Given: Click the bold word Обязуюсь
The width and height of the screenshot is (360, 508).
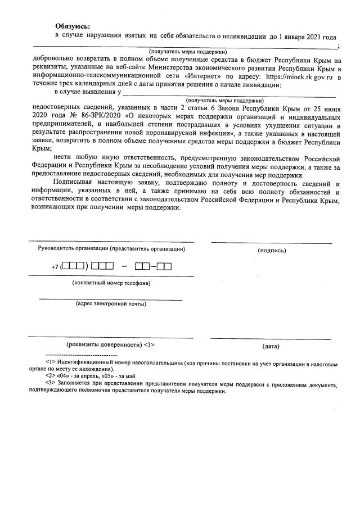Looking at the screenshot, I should click(72, 26).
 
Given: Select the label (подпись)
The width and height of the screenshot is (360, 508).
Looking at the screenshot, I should click(272, 251).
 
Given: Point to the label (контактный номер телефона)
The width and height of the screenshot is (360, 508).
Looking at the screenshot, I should click(111, 283).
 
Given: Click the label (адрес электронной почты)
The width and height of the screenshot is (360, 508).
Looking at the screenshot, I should click(111, 304).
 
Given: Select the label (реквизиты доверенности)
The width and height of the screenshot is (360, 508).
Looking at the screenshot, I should click(103, 344).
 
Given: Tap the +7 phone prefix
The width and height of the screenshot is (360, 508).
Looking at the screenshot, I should click(55, 266).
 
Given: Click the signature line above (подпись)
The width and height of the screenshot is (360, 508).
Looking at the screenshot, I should click(272, 243).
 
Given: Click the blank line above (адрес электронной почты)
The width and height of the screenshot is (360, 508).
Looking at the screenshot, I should click(111, 298).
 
